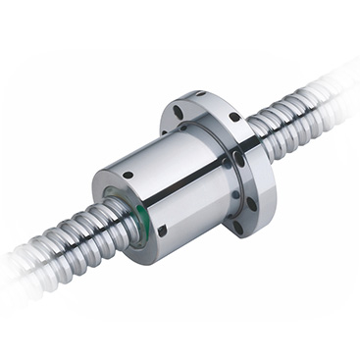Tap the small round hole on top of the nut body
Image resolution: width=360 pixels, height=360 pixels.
[x=128, y=175]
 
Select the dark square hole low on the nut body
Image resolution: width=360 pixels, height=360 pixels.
[x=163, y=231]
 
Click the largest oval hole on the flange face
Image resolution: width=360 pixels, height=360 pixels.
[x=239, y=158]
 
